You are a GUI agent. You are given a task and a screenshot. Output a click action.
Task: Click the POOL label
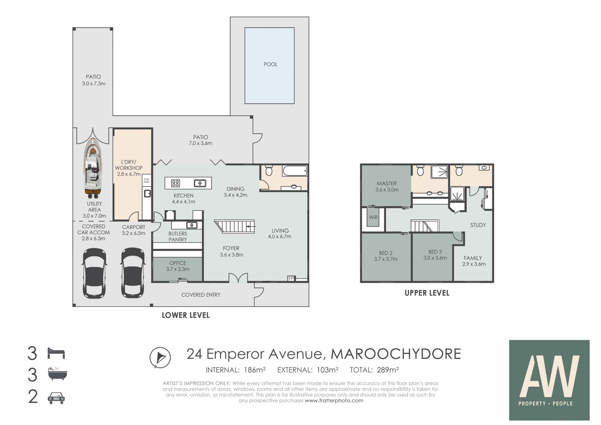(270, 64)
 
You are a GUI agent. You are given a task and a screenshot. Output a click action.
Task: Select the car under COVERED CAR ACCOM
(95, 273)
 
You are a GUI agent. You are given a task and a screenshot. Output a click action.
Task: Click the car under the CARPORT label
(133, 273)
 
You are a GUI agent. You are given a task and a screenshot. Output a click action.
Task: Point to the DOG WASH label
(146, 181)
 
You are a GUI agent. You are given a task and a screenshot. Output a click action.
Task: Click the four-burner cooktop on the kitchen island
(176, 183)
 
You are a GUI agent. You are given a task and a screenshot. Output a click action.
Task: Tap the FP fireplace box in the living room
(291, 278)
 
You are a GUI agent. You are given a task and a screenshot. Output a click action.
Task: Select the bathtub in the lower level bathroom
(295, 171)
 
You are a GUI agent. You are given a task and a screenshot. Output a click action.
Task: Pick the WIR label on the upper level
(373, 217)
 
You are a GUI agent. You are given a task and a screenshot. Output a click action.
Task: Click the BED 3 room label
(435, 252)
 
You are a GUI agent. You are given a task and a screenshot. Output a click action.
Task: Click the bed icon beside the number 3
(56, 353)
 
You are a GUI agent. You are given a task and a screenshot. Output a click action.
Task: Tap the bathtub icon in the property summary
(57, 374)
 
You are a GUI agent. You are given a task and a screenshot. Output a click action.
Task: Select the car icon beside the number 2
(56, 398)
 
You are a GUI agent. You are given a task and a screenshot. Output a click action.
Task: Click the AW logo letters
(549, 376)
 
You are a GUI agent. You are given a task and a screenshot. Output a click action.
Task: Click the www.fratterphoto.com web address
(334, 400)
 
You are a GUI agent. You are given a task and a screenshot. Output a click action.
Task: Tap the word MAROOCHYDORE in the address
(396, 354)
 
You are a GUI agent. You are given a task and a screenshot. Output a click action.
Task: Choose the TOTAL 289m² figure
(374, 370)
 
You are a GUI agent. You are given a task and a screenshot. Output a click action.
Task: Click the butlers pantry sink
(192, 225)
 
